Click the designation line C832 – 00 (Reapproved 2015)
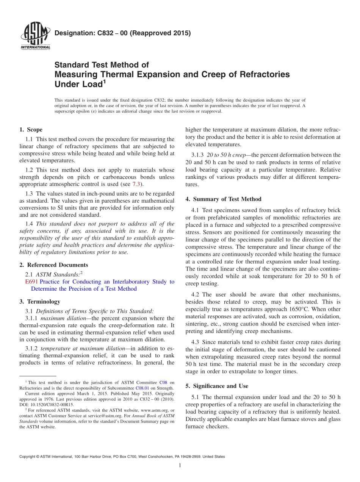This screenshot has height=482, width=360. click(x=122, y=33)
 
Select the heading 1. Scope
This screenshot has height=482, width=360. click(x=31, y=130)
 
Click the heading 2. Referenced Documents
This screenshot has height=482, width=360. click(x=53, y=265)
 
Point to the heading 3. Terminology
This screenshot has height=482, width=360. click(x=40, y=302)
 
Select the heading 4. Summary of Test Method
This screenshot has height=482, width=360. click(x=223, y=199)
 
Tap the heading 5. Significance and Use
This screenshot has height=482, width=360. click(x=217, y=386)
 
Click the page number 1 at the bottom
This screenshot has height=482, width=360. click(x=180, y=466)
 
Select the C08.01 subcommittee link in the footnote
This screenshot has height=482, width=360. click(x=142, y=388)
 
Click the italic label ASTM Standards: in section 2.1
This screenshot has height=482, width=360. click(x=57, y=274)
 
